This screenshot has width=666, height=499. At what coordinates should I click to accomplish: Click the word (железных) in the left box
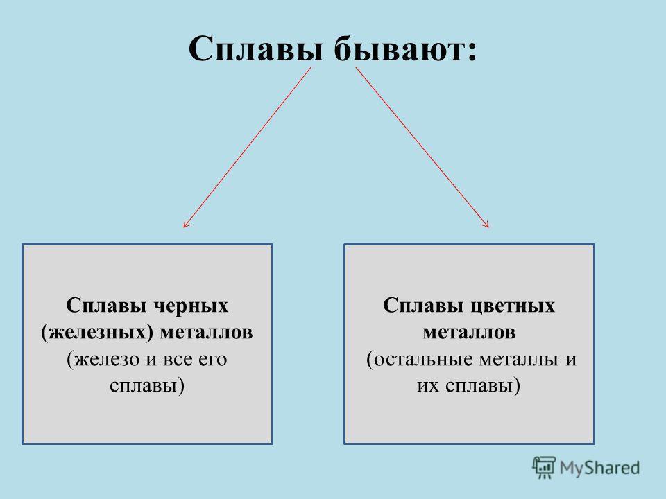(x=97, y=332)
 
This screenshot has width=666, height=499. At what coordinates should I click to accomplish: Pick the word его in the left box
(x=213, y=360)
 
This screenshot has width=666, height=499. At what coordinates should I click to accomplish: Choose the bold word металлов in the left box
(x=206, y=333)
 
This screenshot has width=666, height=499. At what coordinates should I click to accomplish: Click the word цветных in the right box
(x=513, y=306)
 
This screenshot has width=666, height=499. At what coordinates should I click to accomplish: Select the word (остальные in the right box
(x=420, y=360)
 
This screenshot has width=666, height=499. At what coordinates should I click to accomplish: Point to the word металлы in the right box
(x=518, y=360)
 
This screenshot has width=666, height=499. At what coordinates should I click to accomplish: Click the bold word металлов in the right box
(x=469, y=333)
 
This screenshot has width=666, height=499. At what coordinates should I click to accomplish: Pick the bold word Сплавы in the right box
(x=424, y=306)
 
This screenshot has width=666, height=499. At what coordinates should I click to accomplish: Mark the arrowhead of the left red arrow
(x=185, y=226)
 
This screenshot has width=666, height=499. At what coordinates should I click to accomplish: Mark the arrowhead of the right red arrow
(x=488, y=226)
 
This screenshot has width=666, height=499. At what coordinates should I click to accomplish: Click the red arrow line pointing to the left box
(x=248, y=147)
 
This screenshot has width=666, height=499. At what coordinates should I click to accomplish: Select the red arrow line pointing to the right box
(x=422, y=147)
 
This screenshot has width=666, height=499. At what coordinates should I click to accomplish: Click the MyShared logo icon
(x=544, y=468)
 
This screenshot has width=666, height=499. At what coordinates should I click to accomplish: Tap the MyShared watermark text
(x=599, y=468)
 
